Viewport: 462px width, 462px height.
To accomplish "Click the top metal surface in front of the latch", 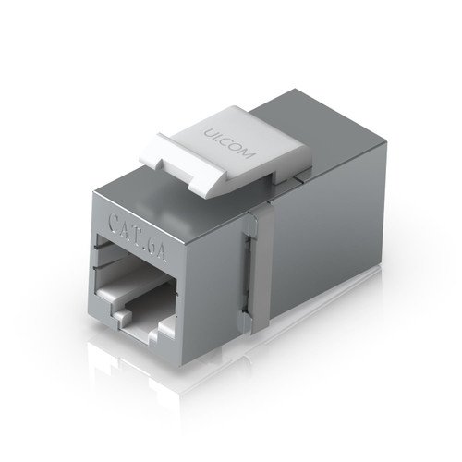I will pos(176,194).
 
